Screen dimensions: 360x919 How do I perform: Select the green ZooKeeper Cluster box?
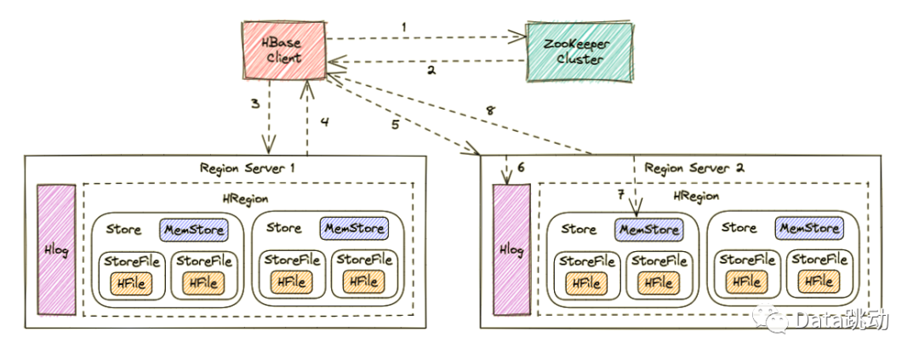click(x=579, y=52)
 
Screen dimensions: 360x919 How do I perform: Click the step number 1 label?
click(x=403, y=26)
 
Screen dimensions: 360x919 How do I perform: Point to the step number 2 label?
click(x=431, y=71)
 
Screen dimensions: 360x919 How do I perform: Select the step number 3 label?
click(x=254, y=105)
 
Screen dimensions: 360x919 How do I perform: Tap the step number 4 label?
click(x=324, y=121)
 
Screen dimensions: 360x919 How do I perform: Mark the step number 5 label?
click(x=395, y=124)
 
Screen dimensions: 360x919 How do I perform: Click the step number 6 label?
click(x=522, y=167)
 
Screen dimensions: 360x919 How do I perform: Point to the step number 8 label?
click(x=488, y=110)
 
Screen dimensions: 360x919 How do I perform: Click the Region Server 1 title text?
click(x=247, y=168)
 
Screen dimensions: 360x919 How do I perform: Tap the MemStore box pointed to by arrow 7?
click(x=648, y=229)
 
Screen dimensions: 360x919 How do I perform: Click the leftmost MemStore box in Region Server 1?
click(x=192, y=229)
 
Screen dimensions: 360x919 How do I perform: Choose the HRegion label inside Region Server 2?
click(x=694, y=196)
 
